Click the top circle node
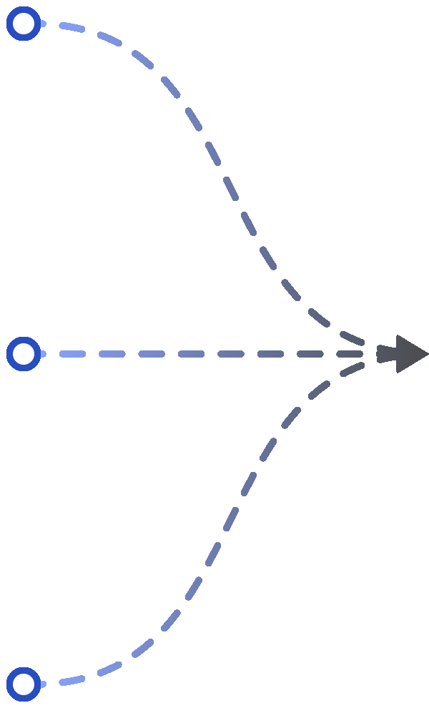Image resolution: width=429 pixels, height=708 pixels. (x=24, y=24)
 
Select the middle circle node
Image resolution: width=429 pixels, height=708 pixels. (x=24, y=354)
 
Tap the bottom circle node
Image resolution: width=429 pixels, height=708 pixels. (x=24, y=684)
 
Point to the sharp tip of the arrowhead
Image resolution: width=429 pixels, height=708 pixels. (x=428, y=354)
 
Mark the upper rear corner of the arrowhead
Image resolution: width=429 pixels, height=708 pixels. (x=398, y=335)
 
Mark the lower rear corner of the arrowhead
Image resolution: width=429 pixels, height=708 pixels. (x=398, y=373)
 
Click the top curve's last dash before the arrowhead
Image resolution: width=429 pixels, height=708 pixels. (x=352, y=338)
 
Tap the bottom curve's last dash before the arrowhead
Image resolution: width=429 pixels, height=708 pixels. (x=352, y=370)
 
